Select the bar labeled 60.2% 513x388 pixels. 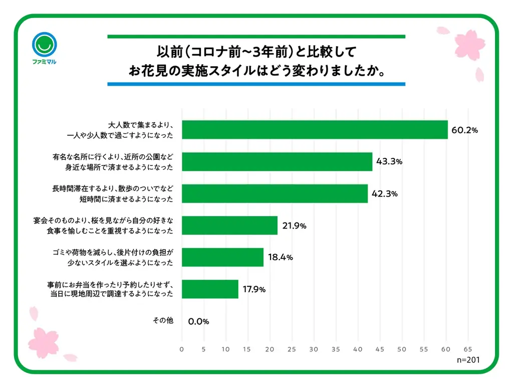coord(314,130)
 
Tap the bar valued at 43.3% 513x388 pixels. coord(277,161)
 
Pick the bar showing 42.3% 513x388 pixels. coord(275,193)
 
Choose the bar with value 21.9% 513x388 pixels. coord(229,226)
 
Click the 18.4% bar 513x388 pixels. coord(222,257)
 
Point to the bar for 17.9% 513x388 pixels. coord(210,289)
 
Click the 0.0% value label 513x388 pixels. coord(198,321)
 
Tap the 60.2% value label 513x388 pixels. coord(465,130)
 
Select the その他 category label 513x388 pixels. coord(163,321)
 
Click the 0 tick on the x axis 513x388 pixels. coord(182,349)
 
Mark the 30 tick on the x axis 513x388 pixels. coord(314,349)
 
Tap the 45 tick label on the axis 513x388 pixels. coord(380,349)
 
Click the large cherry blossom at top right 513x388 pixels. coord(469,44)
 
